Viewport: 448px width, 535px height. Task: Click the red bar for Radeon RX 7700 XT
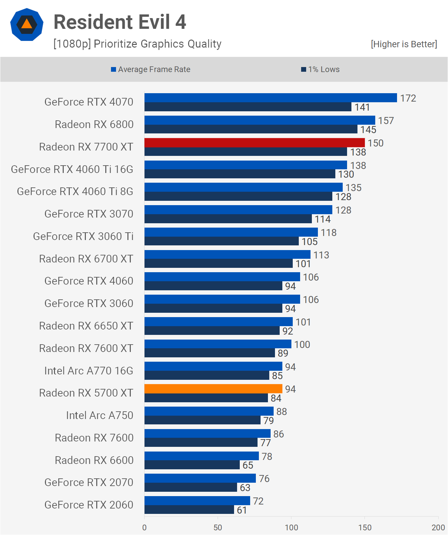coord(255,142)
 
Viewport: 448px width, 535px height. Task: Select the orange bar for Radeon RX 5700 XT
coord(213,389)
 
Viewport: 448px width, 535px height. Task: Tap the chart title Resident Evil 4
coord(120,22)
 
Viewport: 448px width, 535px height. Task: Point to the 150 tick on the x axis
coord(365,527)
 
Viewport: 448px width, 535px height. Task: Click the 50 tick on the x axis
coord(218,527)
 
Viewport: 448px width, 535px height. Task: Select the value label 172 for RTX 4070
coord(408,98)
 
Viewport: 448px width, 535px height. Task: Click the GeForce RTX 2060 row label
coord(89,505)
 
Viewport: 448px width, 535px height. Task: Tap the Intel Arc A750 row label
coord(100,415)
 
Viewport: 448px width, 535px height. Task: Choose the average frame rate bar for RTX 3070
coord(238,210)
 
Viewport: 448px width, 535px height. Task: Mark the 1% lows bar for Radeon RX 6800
coord(251,129)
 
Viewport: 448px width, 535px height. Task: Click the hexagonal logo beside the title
coord(27,24)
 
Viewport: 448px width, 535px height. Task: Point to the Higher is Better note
coord(404,44)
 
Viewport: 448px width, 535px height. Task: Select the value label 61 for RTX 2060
coord(242,510)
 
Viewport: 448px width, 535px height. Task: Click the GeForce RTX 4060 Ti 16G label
coord(72,169)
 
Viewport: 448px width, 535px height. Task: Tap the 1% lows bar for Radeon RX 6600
coord(192,465)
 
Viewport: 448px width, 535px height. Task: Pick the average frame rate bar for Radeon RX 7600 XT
coord(218,344)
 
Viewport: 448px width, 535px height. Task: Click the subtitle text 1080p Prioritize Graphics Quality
coord(137,44)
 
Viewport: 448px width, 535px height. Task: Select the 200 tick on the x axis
coord(438,527)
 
